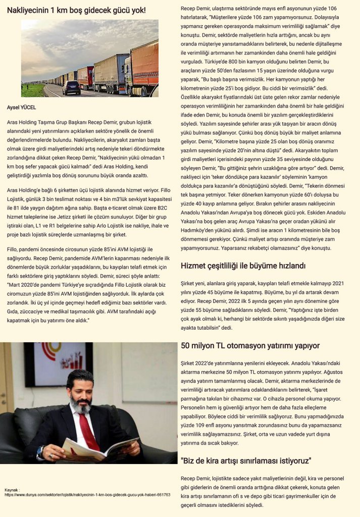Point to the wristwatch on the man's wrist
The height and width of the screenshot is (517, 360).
(40, 450)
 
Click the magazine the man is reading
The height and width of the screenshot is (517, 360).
(98, 449)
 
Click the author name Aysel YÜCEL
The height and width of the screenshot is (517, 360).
(21, 108)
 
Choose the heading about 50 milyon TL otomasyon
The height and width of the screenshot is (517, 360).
(250, 346)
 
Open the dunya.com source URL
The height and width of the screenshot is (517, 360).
(87, 495)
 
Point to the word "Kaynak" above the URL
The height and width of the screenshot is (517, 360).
(11, 490)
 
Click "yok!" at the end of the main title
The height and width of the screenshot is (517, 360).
(136, 10)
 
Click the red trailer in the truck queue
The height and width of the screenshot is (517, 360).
(86, 77)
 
